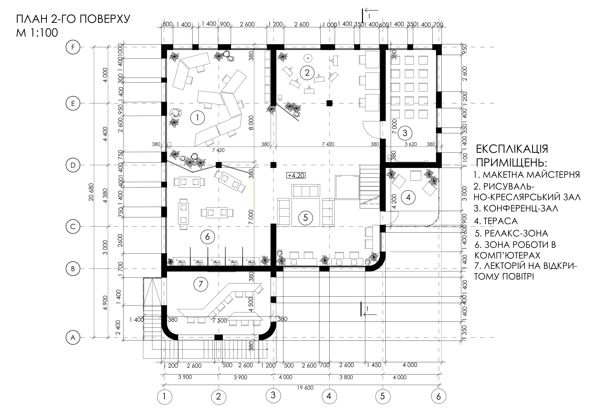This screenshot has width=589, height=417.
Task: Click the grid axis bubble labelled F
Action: pos(73,48)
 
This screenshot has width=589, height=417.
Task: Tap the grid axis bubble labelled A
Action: pos(73,337)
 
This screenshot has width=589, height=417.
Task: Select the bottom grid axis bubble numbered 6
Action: pos(438,396)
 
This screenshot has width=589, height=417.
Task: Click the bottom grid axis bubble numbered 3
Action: pos(273,395)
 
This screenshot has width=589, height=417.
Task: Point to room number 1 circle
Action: pos(197,118)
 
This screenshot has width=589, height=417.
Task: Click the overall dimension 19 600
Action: pos(305,387)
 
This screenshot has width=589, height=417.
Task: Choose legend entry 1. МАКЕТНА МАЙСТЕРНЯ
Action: pos(526,175)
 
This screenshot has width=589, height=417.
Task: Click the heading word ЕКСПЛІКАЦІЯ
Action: pos(512,149)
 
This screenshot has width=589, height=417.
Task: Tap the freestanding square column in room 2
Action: pos(329,103)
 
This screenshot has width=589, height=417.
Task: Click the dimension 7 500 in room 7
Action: pos(220,320)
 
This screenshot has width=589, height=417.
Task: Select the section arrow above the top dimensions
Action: pos(371,10)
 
